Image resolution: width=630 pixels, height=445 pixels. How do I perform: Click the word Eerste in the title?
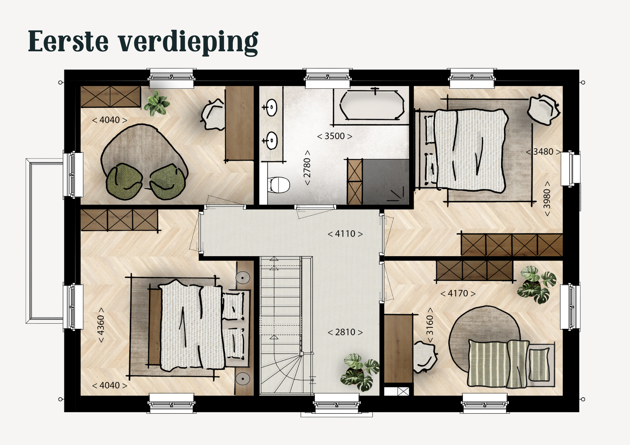[x=68, y=41]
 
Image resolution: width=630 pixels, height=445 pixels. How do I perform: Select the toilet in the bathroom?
[x=279, y=185]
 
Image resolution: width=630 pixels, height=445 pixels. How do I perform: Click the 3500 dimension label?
[x=335, y=136]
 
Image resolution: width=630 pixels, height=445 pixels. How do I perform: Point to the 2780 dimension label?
[x=307, y=168]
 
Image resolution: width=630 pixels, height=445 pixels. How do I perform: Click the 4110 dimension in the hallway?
[x=345, y=234]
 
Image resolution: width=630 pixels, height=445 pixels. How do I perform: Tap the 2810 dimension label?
[x=345, y=332]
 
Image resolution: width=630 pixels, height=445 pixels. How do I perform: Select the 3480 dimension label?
[x=544, y=152]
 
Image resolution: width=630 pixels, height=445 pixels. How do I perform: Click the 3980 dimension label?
[x=547, y=199]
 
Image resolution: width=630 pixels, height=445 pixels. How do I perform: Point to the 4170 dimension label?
[x=458, y=293]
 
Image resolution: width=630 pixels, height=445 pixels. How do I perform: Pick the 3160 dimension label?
[x=430, y=325]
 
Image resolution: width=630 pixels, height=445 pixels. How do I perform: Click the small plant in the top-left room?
[x=157, y=103]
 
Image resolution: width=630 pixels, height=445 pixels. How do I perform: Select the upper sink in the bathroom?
[x=270, y=107]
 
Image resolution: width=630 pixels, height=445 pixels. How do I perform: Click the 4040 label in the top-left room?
[x=110, y=120]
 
